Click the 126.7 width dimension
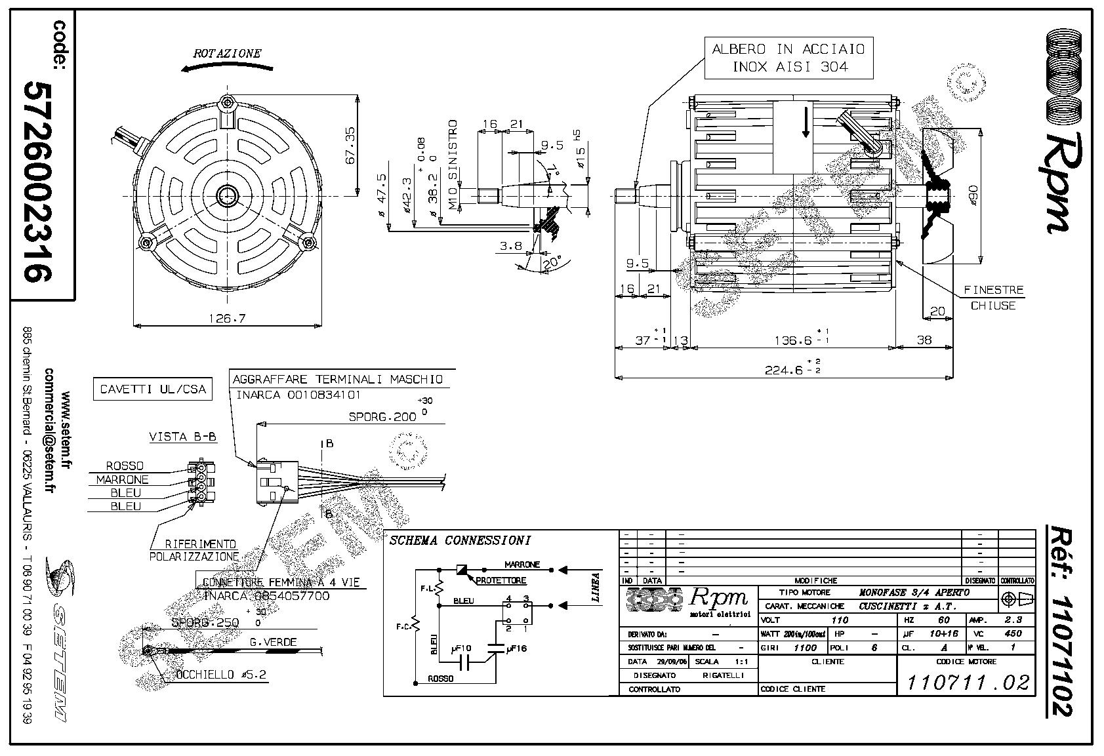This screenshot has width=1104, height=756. pos(227,319)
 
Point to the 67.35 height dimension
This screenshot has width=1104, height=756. pos(350,146)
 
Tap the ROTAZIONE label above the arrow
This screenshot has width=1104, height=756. pos(227,54)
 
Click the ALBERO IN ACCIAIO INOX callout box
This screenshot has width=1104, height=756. pos(788,58)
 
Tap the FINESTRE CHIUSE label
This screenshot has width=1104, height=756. pos(993,298)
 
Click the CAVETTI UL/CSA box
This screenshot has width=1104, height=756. pos(153,389)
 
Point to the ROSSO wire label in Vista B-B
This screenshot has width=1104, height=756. pos(125,466)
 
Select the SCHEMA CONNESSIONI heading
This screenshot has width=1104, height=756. pos(459,541)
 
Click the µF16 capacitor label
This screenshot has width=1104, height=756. pos(517,648)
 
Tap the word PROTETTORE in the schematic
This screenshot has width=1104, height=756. pos(501,580)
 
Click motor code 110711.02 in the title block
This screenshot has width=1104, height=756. pos(967,683)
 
